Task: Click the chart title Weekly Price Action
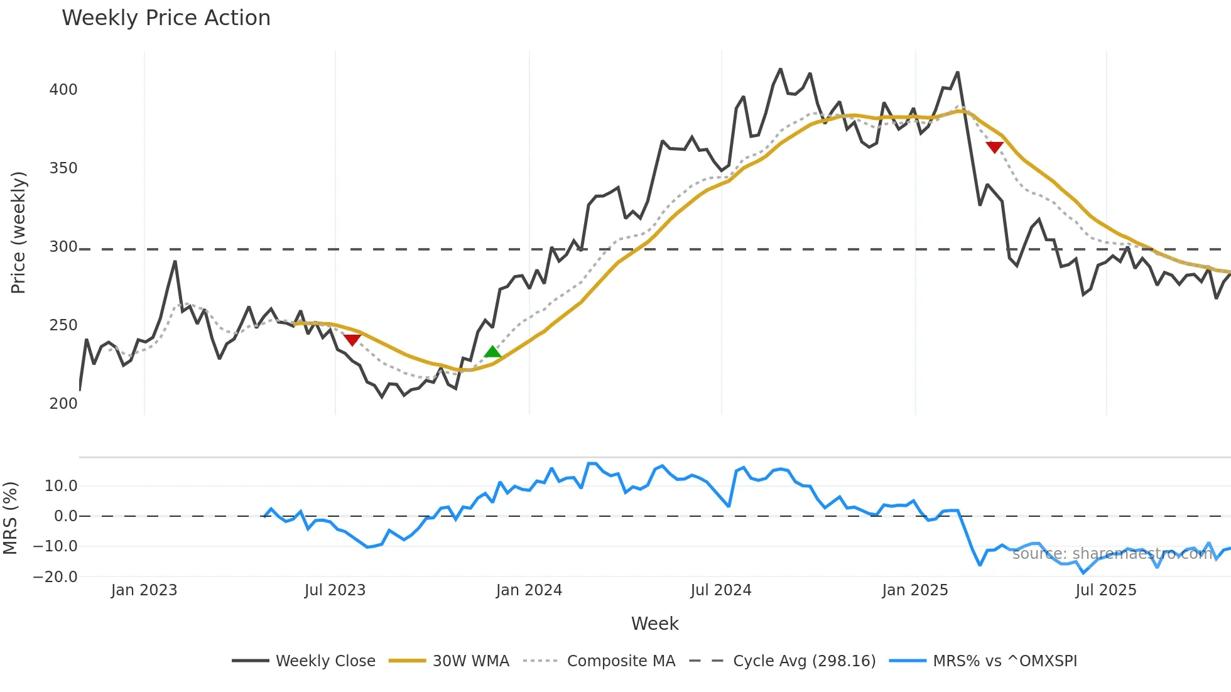166,18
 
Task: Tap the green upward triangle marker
493,352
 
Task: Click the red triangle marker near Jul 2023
352,340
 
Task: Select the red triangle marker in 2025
994,147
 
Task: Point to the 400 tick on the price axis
63,90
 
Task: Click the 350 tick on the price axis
63,168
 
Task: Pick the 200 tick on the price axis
63,404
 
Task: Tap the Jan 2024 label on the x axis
529,590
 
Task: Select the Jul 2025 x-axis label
1106,590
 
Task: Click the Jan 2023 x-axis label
144,590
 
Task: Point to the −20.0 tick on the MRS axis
55,577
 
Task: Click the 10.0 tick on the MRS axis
61,486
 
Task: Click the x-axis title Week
654,624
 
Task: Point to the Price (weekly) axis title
18,232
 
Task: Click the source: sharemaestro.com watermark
1112,554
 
